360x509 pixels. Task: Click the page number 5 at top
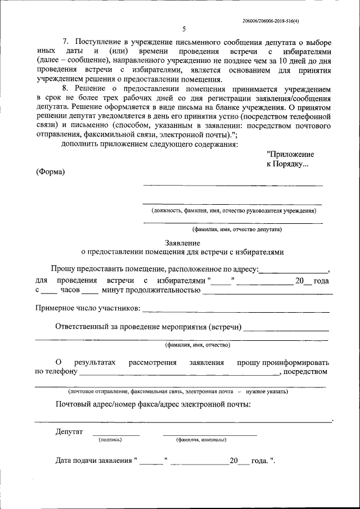point(184,29)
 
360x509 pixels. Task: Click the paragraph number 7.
point(65,43)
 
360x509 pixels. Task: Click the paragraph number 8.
point(65,89)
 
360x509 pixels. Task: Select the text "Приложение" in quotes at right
point(290,154)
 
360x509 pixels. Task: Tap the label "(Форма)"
point(50,172)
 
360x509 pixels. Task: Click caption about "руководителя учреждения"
point(233,211)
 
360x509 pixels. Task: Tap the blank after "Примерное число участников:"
point(236,310)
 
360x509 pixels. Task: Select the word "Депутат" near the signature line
point(69,432)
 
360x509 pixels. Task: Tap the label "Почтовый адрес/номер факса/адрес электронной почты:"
point(153,404)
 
